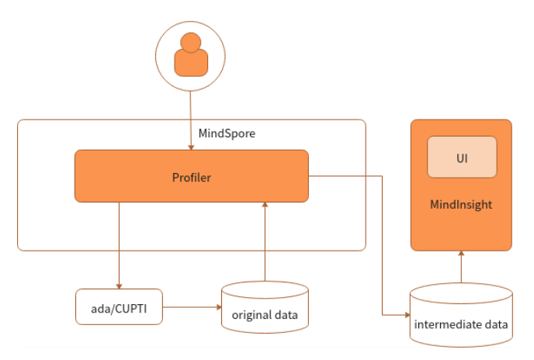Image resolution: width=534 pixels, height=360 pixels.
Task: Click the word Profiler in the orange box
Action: pyautogui.click(x=191, y=178)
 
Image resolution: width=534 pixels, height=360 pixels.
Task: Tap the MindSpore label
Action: pyautogui.click(x=227, y=133)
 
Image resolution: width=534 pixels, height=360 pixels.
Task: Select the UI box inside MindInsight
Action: pyautogui.click(x=462, y=157)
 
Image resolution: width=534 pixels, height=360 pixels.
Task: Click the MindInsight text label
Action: pyautogui.click(x=461, y=205)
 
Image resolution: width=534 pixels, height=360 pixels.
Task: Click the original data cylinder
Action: pyautogui.click(x=265, y=306)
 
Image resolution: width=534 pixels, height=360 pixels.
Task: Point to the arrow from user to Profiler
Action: pyautogui.click(x=191, y=116)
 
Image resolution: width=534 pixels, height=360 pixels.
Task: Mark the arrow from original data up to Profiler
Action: pyautogui.click(x=265, y=241)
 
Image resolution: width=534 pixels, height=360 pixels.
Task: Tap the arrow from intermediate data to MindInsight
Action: pyautogui.click(x=461, y=268)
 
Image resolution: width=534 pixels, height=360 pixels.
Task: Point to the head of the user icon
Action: pyautogui.click(x=191, y=42)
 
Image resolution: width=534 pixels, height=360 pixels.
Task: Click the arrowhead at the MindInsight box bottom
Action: pyautogui.click(x=461, y=254)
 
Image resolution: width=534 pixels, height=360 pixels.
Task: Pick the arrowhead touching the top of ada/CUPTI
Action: pyautogui.click(x=119, y=285)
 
